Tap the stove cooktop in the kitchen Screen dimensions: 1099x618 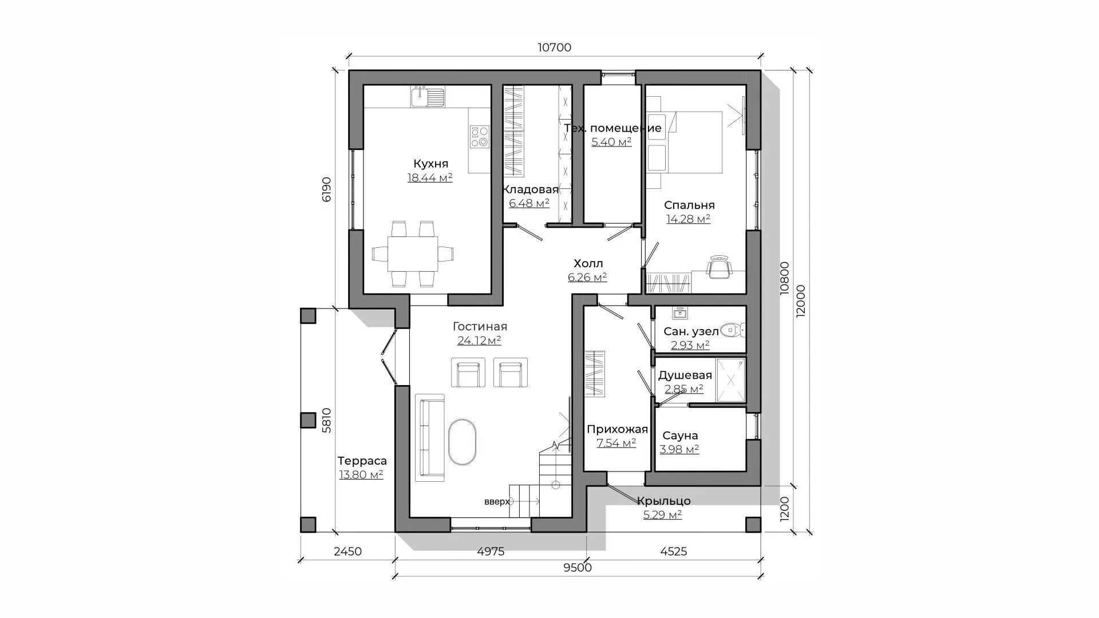480,136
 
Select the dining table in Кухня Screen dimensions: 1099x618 412,253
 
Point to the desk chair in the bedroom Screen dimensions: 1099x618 720,267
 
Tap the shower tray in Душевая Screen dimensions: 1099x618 731,380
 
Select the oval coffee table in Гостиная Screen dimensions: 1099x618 462,442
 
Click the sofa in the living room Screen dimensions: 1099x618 430,437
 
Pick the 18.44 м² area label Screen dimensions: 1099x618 430,177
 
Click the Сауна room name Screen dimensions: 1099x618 679,435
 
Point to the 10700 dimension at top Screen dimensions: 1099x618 554,47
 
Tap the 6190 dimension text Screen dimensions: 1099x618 326,189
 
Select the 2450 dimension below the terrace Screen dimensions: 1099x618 347,552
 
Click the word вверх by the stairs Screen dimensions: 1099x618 497,502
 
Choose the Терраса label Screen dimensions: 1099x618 362,461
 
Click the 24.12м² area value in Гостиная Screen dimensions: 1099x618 479,340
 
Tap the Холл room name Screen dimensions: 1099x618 588,264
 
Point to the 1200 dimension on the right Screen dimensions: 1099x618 784,508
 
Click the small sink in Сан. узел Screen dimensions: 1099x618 681,312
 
